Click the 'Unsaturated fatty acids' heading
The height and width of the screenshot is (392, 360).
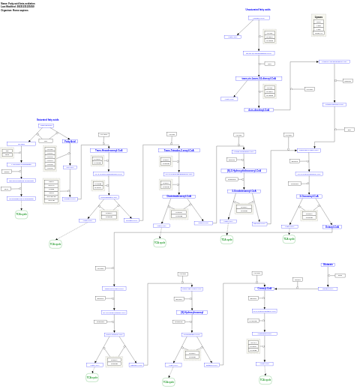coord(258,10)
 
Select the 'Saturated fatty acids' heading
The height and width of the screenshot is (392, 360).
coord(48,120)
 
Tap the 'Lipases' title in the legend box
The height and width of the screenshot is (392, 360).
coord(319,17)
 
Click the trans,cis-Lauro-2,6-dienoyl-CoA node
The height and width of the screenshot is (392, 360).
coord(258,78)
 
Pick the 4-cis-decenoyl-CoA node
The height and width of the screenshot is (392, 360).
coord(259,109)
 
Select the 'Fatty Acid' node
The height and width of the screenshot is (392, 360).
coord(70,141)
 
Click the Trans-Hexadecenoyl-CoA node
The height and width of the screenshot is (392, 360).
coord(108,150)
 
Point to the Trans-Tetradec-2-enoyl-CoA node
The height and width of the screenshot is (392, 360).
coord(178,150)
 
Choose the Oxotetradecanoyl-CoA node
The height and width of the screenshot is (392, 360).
coord(179,196)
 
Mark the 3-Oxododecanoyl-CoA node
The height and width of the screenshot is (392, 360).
coord(244,191)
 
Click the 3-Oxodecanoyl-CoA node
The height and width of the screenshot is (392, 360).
coord(310,196)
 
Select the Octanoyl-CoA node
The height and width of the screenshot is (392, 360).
coord(332,226)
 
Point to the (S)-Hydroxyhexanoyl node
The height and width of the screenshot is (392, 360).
coord(193,312)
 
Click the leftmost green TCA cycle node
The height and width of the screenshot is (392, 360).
coord(21,214)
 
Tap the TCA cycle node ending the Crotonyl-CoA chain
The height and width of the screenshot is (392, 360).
coord(265,380)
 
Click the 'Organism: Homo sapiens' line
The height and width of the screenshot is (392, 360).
coord(15,10)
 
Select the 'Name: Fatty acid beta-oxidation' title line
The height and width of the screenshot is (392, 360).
coord(17,3)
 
